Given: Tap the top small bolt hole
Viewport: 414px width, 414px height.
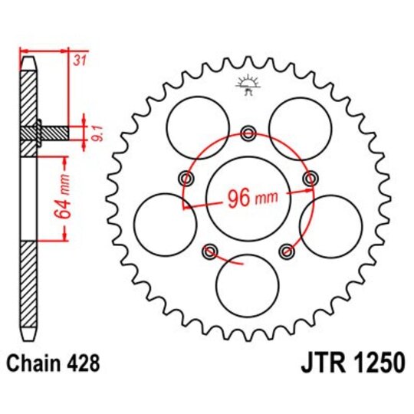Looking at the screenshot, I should (248, 134).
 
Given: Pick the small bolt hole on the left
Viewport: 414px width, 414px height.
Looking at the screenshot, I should (186, 179).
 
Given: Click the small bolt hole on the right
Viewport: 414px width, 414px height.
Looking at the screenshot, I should (309, 179).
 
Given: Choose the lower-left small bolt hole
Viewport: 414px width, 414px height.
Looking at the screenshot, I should (209, 251).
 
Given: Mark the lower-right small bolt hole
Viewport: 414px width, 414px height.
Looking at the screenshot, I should (286, 251).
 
